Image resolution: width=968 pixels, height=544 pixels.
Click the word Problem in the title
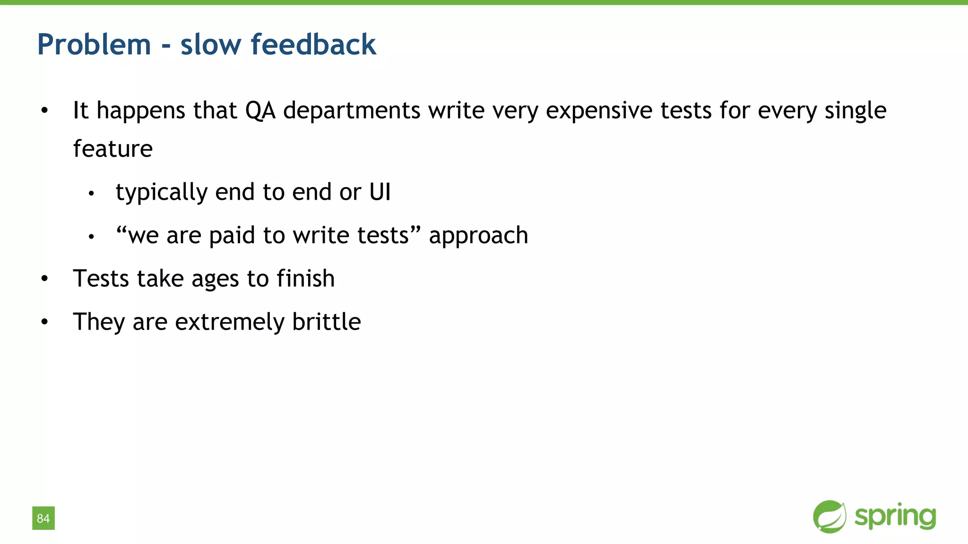(x=94, y=45)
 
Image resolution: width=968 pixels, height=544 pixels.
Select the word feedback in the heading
(x=313, y=45)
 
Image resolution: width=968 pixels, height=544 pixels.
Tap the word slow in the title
(x=210, y=45)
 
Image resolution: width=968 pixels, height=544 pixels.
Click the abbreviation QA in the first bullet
(x=260, y=111)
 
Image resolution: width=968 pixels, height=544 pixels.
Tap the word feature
(x=113, y=149)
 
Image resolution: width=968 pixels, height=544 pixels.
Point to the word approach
(x=478, y=236)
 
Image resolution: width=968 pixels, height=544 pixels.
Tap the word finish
(x=306, y=279)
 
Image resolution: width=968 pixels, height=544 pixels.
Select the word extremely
(x=230, y=323)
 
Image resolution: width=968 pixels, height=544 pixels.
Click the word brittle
(x=327, y=322)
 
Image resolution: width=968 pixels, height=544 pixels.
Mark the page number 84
(x=43, y=518)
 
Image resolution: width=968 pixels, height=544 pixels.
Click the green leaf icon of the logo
(x=830, y=517)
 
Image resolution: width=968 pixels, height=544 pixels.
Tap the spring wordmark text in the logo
(x=895, y=517)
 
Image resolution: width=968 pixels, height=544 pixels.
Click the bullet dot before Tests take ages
(x=44, y=279)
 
